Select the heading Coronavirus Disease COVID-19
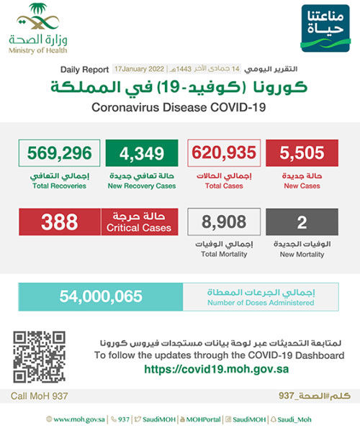180,107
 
